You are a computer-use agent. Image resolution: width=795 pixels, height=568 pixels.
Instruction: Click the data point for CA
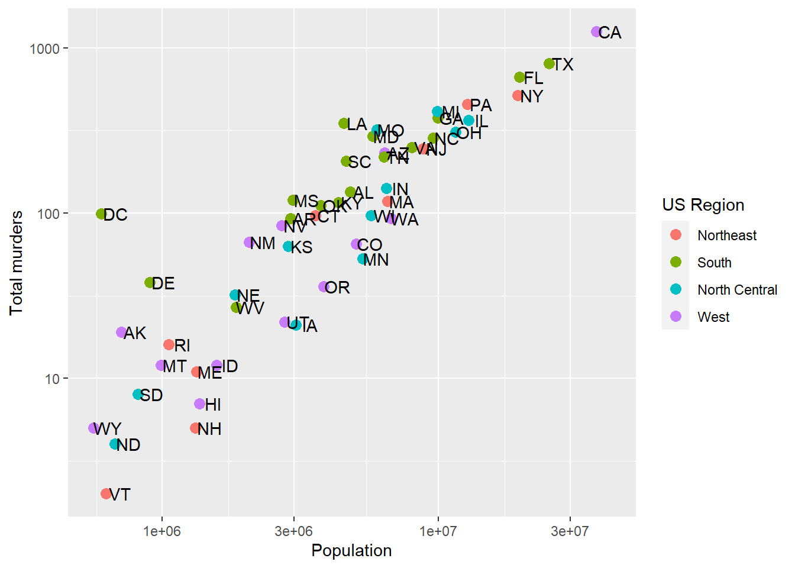[x=596, y=32]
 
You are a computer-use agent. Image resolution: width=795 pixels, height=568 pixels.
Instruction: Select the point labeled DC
[x=101, y=214]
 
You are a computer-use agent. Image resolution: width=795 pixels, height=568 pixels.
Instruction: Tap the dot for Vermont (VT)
[x=106, y=493]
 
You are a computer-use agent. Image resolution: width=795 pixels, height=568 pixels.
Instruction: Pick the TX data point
[x=549, y=64]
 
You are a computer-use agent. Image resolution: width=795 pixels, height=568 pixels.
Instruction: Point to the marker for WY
[x=93, y=428]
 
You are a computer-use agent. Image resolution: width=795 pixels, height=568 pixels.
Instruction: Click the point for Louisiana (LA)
[x=344, y=124]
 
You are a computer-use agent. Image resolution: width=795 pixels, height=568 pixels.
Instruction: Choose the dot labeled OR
[x=324, y=287]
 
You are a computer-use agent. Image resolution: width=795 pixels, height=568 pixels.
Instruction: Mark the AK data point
[x=121, y=333]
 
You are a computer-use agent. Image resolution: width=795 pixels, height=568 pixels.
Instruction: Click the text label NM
[x=263, y=243]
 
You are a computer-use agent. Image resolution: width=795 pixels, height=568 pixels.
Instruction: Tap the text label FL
[x=534, y=78]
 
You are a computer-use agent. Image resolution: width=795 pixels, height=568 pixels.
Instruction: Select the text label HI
[x=213, y=405]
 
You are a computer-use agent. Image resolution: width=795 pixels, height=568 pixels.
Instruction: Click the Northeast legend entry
[x=726, y=235]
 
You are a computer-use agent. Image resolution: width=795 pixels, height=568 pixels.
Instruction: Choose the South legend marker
[x=676, y=262]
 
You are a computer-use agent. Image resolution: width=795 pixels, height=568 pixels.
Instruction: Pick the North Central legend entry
[x=737, y=290]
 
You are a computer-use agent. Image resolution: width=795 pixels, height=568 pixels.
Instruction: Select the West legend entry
[x=713, y=317]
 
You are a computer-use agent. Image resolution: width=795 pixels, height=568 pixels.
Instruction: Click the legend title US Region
[x=703, y=205]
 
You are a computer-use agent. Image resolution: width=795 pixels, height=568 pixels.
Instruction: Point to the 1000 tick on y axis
[x=45, y=49]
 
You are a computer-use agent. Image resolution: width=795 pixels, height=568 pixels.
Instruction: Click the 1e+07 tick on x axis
[x=438, y=531]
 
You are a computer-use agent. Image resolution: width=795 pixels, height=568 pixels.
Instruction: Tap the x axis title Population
[x=351, y=551]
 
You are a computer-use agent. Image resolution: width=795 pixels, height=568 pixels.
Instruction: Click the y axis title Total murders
[x=17, y=263]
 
